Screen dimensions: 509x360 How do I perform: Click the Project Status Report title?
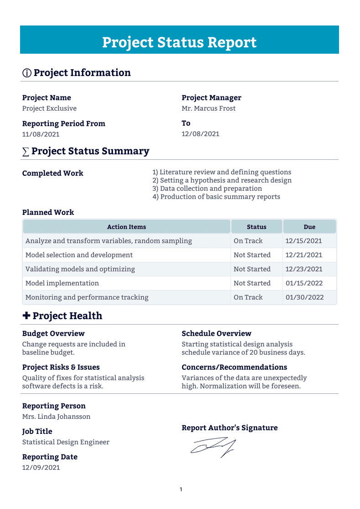pos(179,42)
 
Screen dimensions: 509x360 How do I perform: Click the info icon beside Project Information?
pos(26,73)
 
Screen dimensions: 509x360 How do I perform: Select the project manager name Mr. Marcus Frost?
pos(208,108)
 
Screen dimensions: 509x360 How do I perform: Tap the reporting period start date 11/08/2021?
pos(41,134)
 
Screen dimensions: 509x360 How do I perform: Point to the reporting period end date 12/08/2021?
pos(200,134)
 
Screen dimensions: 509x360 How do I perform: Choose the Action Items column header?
pos(126,227)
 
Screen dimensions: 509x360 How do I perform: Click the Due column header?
pos(309,227)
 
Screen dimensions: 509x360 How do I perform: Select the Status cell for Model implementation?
pos(252,283)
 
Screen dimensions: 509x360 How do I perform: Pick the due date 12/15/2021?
pos(303,241)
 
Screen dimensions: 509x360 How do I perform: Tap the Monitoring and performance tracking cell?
pos(87,297)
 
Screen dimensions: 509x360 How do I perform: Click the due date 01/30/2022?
pos(304,297)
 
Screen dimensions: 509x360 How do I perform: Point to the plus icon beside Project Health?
pos(26,316)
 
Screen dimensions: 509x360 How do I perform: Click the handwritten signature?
pos(212,446)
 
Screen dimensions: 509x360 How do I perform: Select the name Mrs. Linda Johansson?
pos(56,417)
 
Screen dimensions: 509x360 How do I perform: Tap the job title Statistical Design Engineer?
pos(66,442)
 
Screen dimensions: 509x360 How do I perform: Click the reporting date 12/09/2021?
pos(41,468)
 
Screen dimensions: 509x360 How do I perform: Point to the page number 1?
pos(180,489)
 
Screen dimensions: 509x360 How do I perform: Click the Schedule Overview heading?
pos(216,334)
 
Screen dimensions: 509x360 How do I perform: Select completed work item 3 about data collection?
pos(207,188)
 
